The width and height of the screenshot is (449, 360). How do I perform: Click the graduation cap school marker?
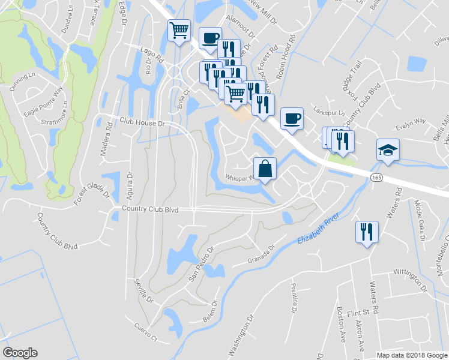tap(388, 150)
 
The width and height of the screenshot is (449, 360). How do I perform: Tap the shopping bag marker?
tap(265, 169)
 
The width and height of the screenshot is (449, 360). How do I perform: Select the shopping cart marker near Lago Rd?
tap(178, 30)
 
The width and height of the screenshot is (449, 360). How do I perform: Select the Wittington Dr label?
tap(409, 280)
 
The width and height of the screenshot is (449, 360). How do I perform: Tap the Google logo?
tap(20, 353)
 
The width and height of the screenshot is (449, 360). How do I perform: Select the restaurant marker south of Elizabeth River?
tap(366, 231)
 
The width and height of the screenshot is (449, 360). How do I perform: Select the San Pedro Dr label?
tap(202, 263)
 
